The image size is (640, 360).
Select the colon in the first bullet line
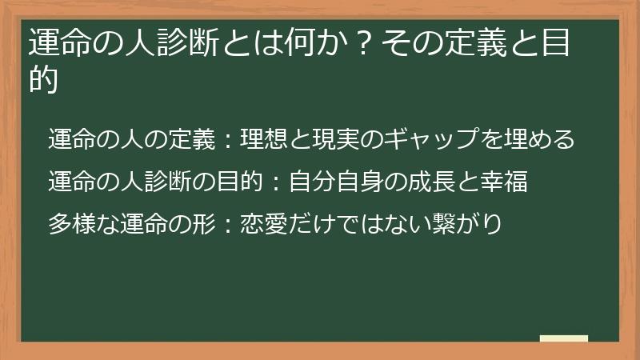[x=228, y=139]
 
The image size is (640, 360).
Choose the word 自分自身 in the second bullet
[x=336, y=182]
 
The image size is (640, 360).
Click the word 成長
[x=431, y=182]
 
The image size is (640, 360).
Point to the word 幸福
[x=504, y=182]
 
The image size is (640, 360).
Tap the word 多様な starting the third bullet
[x=84, y=224]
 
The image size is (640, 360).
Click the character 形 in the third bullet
[x=203, y=224]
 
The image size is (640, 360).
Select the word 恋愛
[x=264, y=224]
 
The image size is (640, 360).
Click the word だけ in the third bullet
[x=311, y=224]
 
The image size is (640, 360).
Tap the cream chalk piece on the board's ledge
[x=564, y=338]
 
